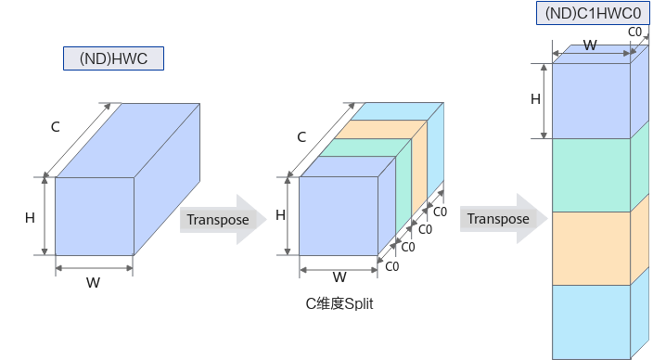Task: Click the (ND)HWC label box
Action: pyautogui.click(x=113, y=59)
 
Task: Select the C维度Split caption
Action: pyautogui.click(x=339, y=302)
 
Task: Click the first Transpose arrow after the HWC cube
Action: pyautogui.click(x=222, y=220)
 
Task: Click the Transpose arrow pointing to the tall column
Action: pyautogui.click(x=502, y=219)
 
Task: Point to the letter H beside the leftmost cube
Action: pyautogui.click(x=31, y=217)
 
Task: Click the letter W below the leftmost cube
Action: pyautogui.click(x=93, y=282)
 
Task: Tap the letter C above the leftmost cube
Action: pyautogui.click(x=55, y=127)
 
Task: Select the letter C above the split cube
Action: pyautogui.click(x=301, y=137)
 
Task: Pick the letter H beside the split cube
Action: pyautogui.click(x=280, y=215)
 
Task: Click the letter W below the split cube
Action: pyautogui.click(x=339, y=276)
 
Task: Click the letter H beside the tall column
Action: pyautogui.click(x=535, y=99)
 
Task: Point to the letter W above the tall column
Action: pyautogui.click(x=589, y=45)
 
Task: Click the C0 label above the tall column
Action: pyautogui.click(x=636, y=32)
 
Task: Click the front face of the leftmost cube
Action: pyautogui.click(x=95, y=216)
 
